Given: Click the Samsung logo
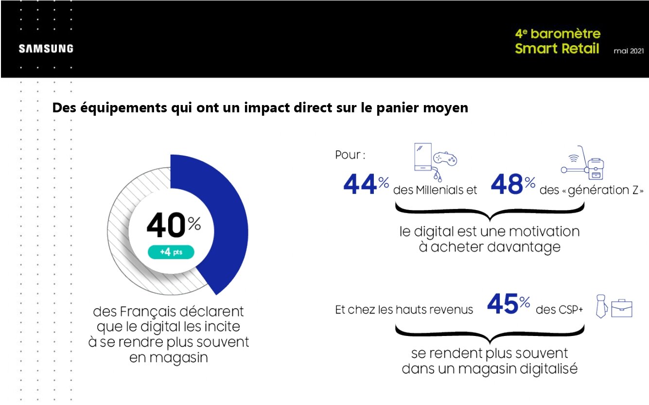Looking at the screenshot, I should coord(46,49).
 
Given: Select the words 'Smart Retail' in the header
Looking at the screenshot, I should coord(557,49).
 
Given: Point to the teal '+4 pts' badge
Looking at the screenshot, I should coord(171,252).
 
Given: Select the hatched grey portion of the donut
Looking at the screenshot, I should coord(126,233).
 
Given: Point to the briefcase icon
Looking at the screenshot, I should coord(621,308).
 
